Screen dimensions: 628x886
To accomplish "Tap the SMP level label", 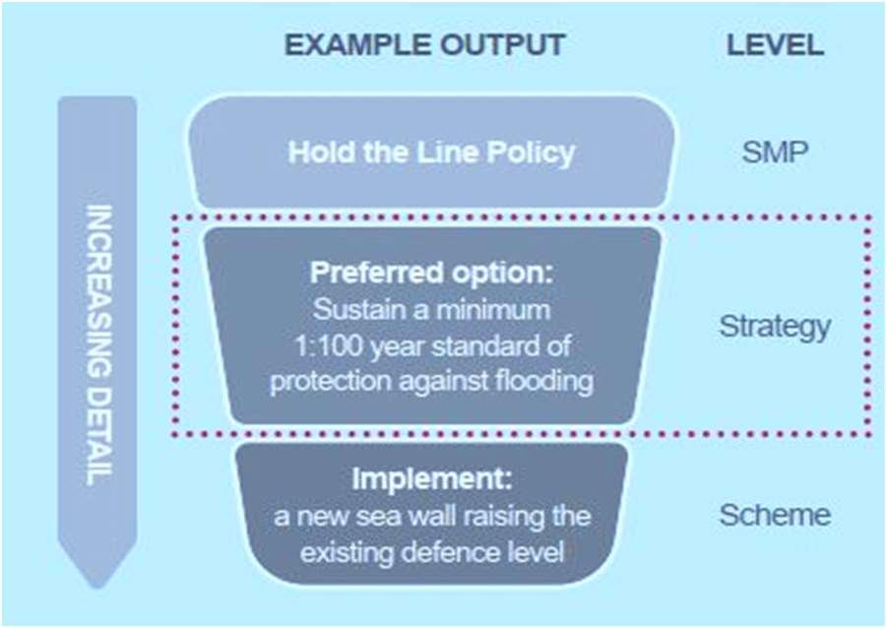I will point(775,154).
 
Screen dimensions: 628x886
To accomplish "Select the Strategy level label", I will point(775,327).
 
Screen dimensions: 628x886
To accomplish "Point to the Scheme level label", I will point(775,515).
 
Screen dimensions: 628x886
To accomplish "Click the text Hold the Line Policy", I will point(431,154).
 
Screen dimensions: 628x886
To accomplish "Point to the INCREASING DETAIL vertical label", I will point(97,344).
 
